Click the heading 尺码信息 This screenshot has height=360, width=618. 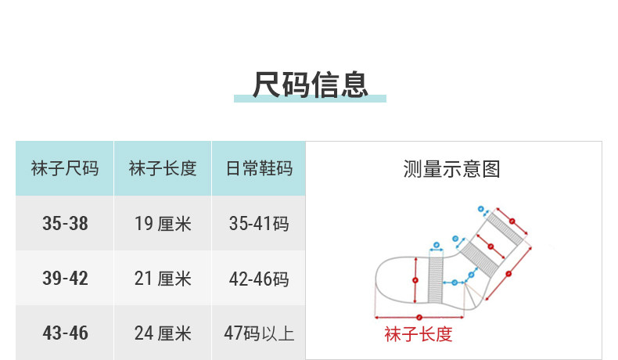click(x=310, y=84)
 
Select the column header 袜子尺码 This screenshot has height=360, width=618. click(x=65, y=168)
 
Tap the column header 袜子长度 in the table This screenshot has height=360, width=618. click(x=163, y=168)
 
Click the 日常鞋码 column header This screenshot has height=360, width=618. click(x=259, y=168)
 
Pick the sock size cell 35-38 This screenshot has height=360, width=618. click(x=65, y=224)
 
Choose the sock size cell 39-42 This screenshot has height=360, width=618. click(x=65, y=279)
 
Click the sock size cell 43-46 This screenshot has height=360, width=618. click(x=65, y=333)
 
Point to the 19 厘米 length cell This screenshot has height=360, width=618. click(x=163, y=224)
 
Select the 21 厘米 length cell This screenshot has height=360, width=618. click(x=163, y=279)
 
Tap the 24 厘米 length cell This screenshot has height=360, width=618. click(x=163, y=333)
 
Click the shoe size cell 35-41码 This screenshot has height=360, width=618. click(x=259, y=224)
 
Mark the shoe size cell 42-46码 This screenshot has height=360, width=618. click(x=259, y=279)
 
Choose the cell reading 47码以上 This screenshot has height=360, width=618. click(x=259, y=333)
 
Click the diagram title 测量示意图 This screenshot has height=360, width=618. click(x=451, y=168)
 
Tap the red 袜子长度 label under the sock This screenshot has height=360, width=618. click(x=419, y=335)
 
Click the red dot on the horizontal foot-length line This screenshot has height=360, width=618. click(x=419, y=317)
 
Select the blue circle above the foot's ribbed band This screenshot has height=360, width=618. click(x=436, y=244)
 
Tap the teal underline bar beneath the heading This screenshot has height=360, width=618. click(x=310, y=99)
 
